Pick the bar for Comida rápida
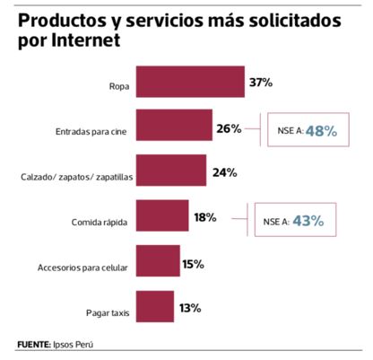coord(161,218)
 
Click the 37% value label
coord(260,83)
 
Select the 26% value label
coord(229,128)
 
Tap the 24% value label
coord(221,172)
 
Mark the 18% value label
coord(204,217)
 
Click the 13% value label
coord(189,309)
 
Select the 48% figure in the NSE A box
coord(320,131)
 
